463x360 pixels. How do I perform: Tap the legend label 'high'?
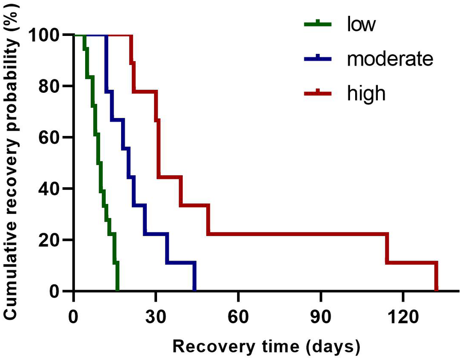(365, 93)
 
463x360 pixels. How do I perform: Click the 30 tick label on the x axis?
(156, 313)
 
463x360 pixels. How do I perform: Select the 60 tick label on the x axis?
(238, 313)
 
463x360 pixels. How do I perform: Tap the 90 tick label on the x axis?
(321, 313)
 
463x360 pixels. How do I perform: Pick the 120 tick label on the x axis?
(403, 313)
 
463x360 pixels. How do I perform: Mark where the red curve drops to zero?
(436, 290)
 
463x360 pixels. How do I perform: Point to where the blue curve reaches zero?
(195, 290)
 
